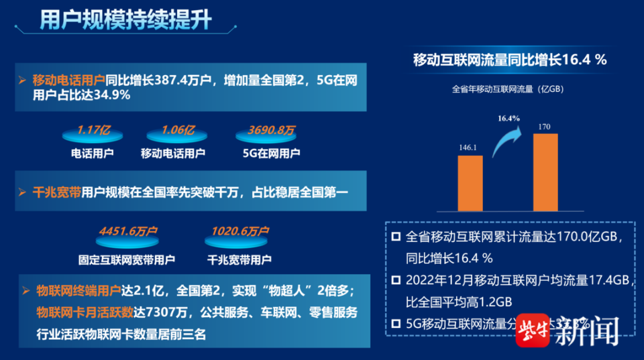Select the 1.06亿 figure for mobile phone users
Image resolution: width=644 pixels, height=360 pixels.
coord(178,130)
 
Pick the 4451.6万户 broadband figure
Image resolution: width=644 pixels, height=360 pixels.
coord(127,231)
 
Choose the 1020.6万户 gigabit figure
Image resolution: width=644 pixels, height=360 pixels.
coord(239,231)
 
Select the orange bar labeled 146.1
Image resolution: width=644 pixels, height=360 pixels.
coord(470,183)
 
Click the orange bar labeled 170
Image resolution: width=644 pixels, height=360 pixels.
coord(545,172)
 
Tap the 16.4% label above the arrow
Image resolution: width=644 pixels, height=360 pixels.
coord(508,119)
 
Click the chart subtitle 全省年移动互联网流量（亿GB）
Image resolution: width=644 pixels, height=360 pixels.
coord(510,88)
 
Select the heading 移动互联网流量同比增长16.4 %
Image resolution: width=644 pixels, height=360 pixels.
coord(510,59)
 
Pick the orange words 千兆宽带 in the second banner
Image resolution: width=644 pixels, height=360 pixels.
coord(57,192)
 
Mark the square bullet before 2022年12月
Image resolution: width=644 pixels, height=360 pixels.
coord(396,280)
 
